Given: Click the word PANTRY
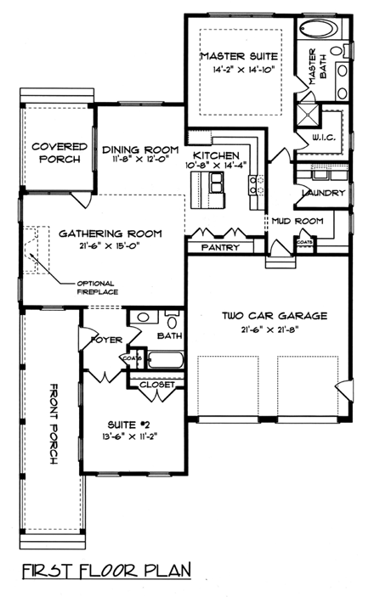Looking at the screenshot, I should [220, 248].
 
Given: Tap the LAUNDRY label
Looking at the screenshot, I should [323, 194].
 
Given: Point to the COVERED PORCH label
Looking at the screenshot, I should [59, 152].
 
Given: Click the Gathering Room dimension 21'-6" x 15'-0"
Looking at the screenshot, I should [103, 246].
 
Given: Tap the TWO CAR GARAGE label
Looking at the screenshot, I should [263, 316].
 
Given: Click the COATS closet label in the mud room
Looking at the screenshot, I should [304, 241].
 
